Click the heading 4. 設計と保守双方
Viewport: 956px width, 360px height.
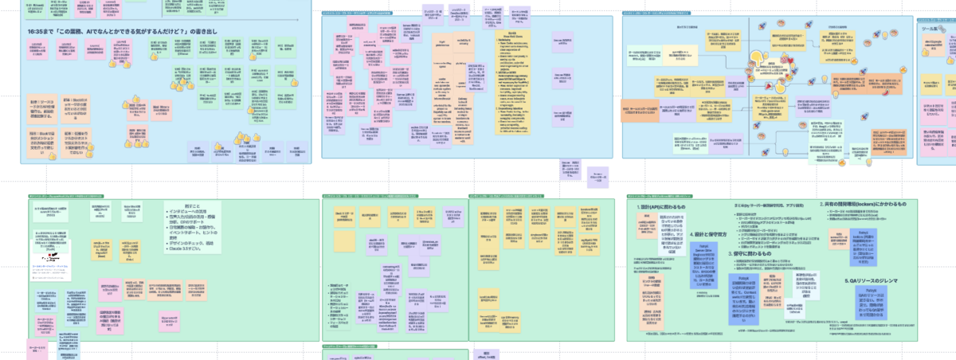click(x=706, y=234)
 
